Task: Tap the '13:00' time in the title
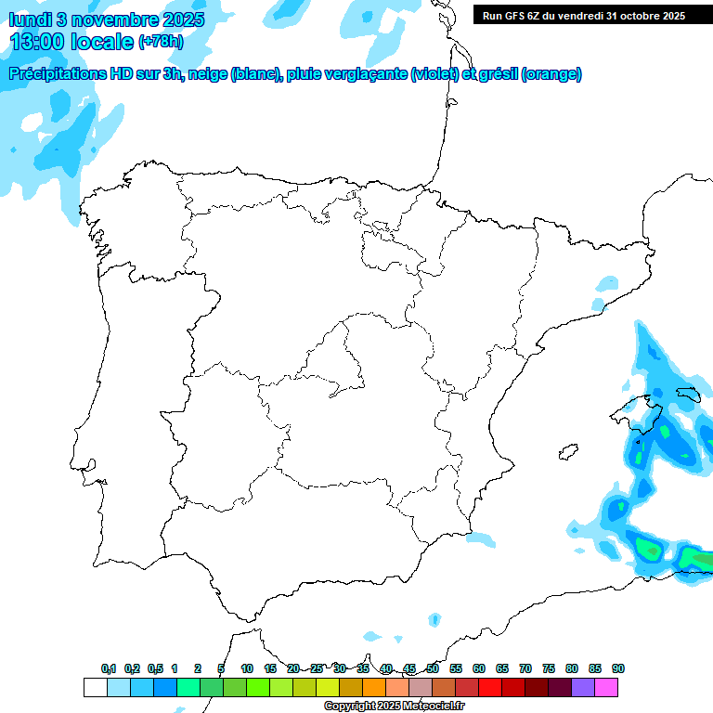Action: (x=38, y=41)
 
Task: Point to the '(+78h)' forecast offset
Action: (x=161, y=42)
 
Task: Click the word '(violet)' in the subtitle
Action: (x=434, y=74)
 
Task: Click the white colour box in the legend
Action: (x=95, y=687)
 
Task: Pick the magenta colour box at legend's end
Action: (x=606, y=687)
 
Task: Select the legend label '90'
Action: (x=618, y=668)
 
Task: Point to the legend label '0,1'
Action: (x=109, y=668)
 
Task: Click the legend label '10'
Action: (x=247, y=668)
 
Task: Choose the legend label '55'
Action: (x=456, y=668)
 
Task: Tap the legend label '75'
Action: (x=549, y=668)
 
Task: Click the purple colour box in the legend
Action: (x=583, y=687)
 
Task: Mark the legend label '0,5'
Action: (x=155, y=668)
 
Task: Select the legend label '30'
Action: (x=340, y=668)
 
